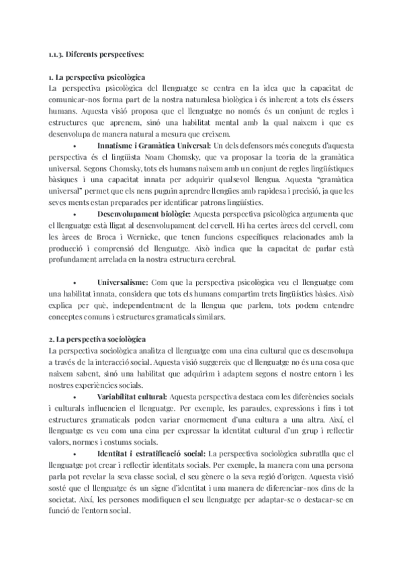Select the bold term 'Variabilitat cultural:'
coord(132,398)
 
